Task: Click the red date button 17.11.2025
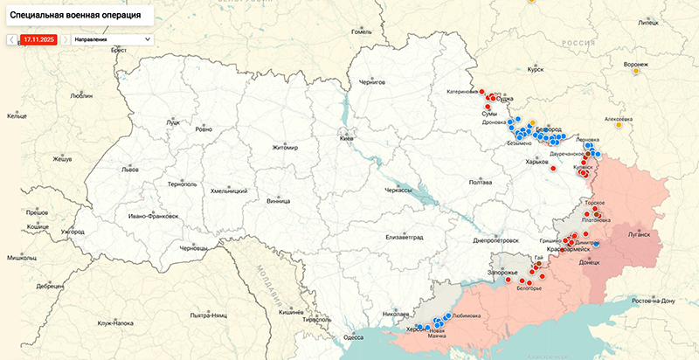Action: click(38, 39)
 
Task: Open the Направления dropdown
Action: click(112, 39)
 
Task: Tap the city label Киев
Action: click(348, 139)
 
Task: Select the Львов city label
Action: click(130, 168)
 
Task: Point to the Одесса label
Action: click(353, 336)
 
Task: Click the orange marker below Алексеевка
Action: click(619, 125)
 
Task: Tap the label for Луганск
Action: click(638, 234)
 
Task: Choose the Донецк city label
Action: click(589, 261)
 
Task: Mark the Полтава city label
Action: click(481, 182)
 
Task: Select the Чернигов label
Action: click(372, 81)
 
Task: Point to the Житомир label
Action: click(285, 148)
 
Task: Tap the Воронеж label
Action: click(635, 65)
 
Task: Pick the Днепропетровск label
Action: click(495, 239)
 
